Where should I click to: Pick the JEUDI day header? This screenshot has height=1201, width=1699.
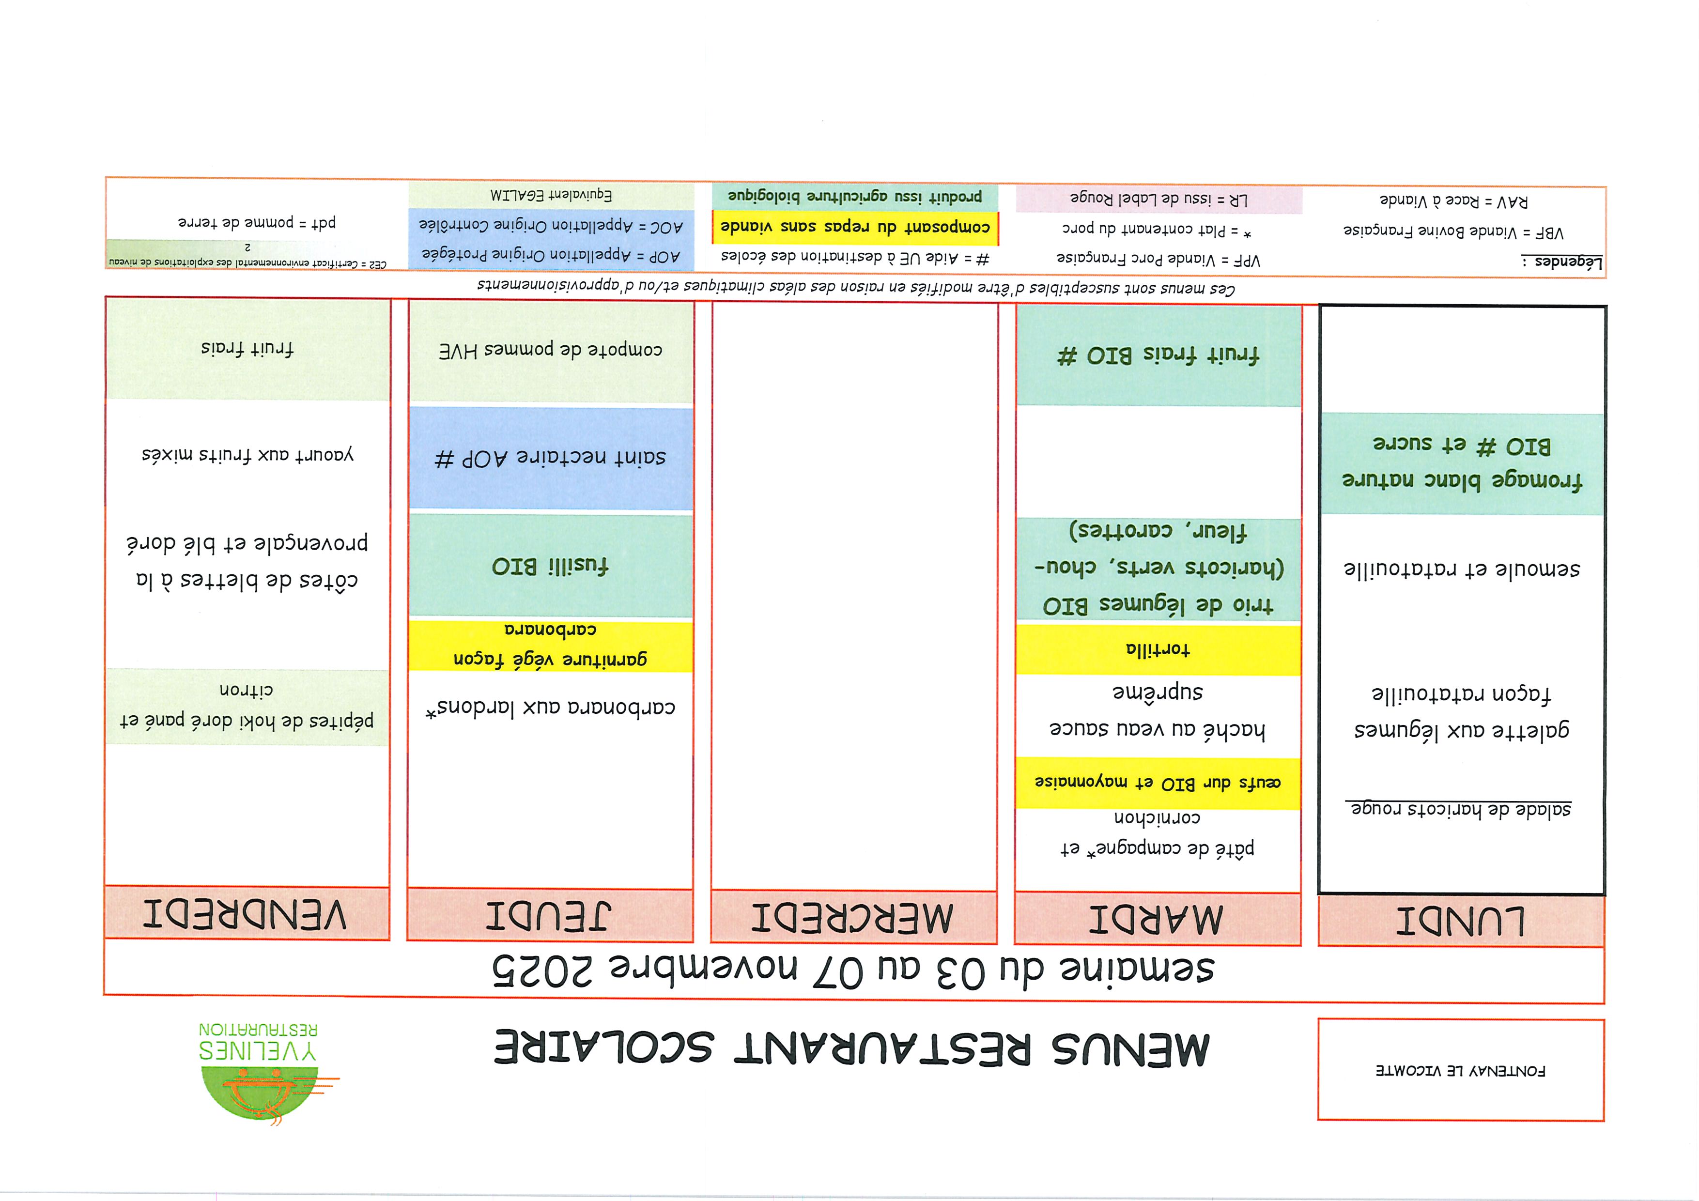(549, 915)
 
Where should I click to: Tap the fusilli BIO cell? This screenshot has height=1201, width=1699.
(550, 566)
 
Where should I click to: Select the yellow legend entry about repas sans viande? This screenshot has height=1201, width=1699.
(855, 227)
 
